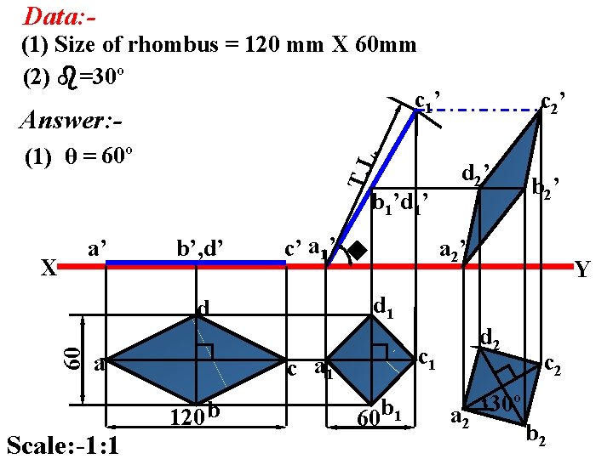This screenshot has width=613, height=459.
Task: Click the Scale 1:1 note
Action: point(61,445)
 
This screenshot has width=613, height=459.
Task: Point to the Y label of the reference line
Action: point(581,270)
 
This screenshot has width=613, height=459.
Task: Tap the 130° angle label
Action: point(501,403)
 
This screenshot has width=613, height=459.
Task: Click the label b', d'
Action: point(199,249)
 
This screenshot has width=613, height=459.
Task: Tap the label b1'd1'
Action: point(399,203)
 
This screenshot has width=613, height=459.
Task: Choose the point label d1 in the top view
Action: point(383,304)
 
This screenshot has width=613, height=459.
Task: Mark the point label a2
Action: point(460,416)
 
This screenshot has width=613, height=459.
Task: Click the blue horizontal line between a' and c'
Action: point(196,263)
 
